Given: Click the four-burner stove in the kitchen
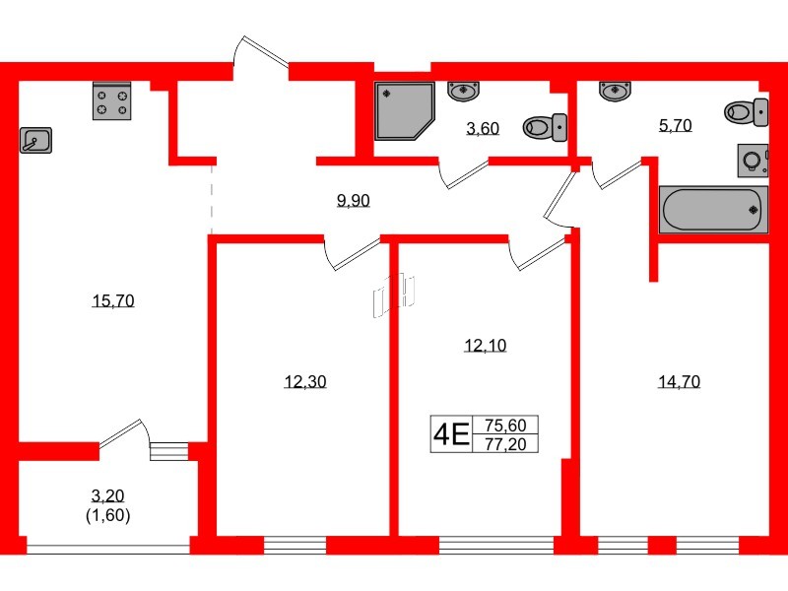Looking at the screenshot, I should click(x=112, y=102).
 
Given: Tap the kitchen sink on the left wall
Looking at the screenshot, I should click(x=35, y=141).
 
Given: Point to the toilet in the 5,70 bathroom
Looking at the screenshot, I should click(x=747, y=110).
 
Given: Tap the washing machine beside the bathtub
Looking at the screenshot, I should click(x=753, y=160).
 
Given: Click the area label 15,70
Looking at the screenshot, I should click(x=112, y=301).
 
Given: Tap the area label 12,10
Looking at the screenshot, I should click(x=485, y=345).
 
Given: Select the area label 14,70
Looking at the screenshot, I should click(x=679, y=382).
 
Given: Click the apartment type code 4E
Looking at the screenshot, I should click(x=451, y=433).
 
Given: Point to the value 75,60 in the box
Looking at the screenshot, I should click(x=506, y=426).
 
